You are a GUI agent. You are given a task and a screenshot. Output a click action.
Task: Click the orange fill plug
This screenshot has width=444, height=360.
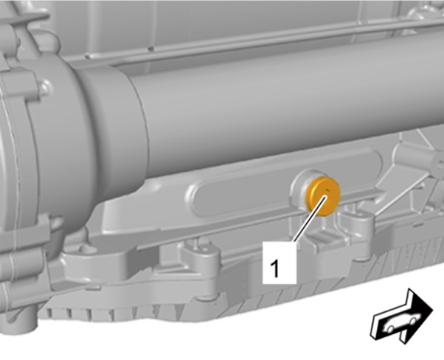[323, 196]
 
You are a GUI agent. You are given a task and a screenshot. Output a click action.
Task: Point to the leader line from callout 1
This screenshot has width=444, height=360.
[310, 218]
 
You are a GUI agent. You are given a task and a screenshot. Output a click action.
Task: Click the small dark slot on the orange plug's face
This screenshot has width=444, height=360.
[327, 190]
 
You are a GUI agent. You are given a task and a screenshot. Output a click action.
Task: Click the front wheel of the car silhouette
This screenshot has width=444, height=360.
[414, 321]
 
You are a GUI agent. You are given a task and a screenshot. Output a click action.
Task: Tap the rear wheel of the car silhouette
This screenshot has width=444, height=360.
[390, 329]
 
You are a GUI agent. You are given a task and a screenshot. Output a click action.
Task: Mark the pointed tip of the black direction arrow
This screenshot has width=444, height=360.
[433, 309]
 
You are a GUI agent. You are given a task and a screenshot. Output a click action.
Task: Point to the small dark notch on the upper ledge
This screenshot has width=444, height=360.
[151, 49]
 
